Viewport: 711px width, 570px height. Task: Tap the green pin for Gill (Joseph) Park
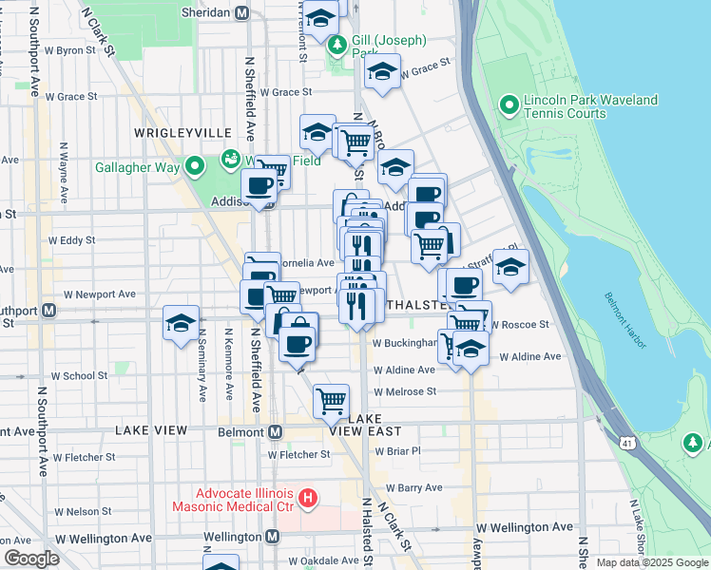pos(336,45)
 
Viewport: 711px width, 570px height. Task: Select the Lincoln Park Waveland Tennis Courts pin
pos(508,104)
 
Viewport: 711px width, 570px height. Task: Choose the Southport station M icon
pos(48,310)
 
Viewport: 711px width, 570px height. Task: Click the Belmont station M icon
pos(276,431)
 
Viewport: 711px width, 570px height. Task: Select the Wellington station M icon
pos(273,537)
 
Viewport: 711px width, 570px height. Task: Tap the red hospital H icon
pos(306,497)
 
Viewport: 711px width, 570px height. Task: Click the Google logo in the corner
pos(31,559)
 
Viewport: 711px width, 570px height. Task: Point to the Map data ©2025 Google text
pos(652,562)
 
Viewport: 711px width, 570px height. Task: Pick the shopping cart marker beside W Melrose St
pos(331,400)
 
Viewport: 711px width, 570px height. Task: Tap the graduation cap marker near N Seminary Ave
pos(180,322)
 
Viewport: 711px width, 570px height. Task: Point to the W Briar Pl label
pos(396,452)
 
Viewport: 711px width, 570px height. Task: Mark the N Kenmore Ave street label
pos(229,364)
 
